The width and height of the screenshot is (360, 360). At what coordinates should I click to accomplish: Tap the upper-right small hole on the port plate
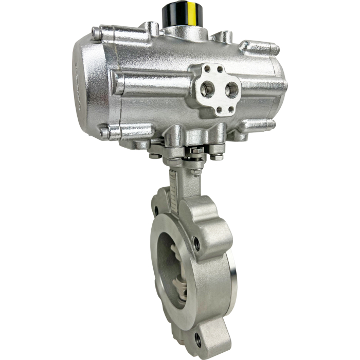point(220,69)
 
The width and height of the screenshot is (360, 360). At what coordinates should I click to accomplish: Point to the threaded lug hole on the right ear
point(196,243)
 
